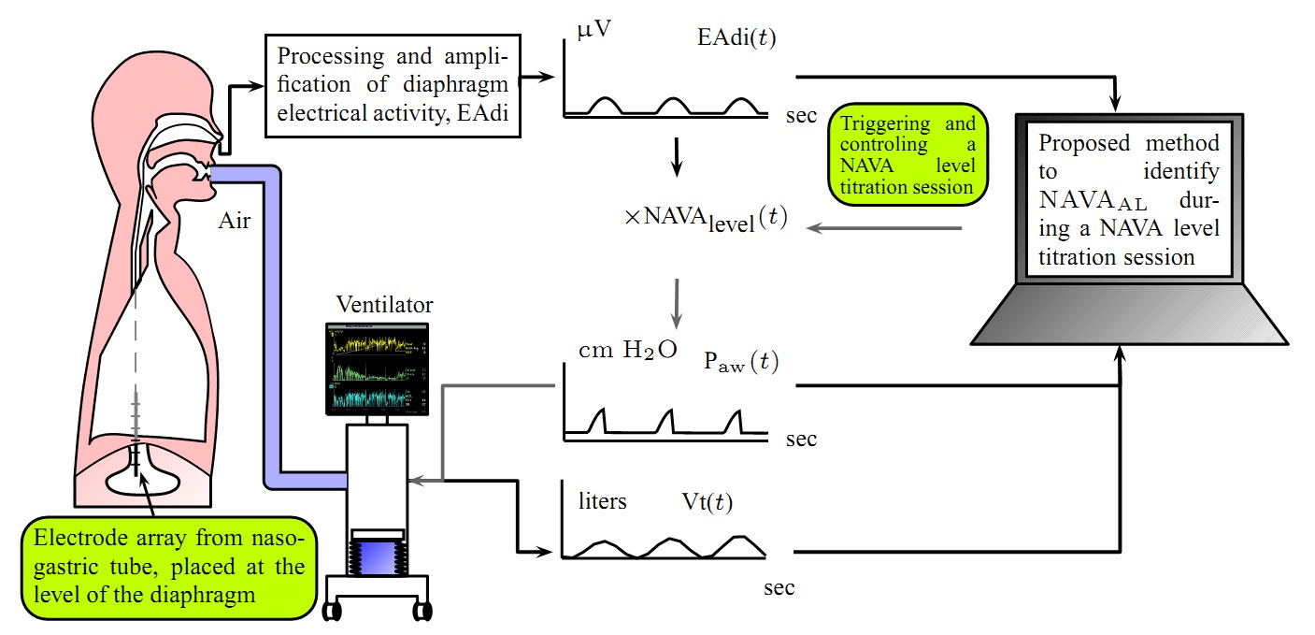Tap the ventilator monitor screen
(377, 369)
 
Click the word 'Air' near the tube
(235, 223)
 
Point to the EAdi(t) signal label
(736, 38)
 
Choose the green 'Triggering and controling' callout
(908, 149)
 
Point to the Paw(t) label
(739, 364)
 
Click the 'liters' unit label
(603, 501)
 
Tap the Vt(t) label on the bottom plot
(708, 502)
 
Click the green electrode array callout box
(168, 567)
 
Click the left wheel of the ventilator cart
(334, 611)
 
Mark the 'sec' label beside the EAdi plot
(800, 116)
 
